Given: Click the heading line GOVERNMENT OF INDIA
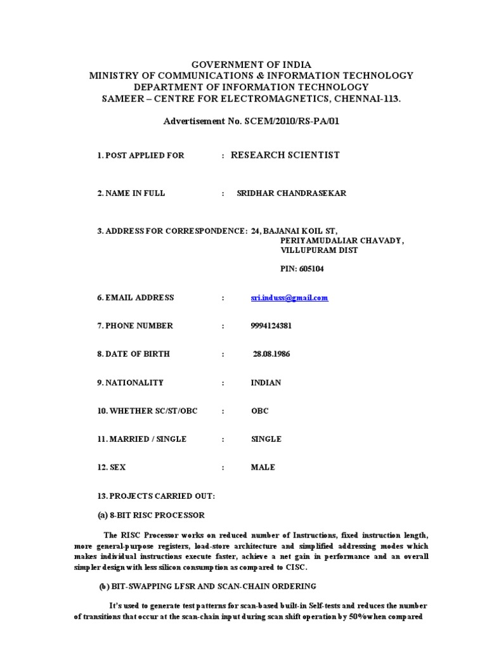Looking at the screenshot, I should point(243,65).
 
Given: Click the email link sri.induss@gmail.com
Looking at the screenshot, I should point(289,298).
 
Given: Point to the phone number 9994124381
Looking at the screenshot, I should point(272,326).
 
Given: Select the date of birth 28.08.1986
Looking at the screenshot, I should point(271,354).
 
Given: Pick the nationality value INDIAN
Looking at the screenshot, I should point(266,383).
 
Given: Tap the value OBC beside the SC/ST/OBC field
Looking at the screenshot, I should point(260,411).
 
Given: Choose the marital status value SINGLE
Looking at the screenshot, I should point(266,439).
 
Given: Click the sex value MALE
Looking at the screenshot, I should point(263,467).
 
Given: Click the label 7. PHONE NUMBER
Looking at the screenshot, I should point(135,326).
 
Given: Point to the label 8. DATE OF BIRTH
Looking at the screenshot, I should point(133,354).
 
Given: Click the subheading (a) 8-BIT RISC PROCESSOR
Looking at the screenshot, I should point(151,515).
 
